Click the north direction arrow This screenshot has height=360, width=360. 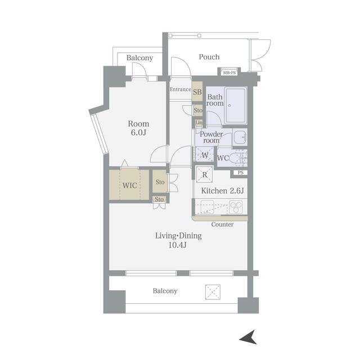tap(249, 337)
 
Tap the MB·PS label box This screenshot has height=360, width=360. tap(229, 73)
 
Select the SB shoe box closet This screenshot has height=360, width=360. tap(197, 92)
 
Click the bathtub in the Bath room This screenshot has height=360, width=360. tap(235, 105)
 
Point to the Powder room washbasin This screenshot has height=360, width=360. tap(240, 137)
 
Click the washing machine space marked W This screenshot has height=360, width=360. tap(205, 155)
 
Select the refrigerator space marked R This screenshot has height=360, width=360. tap(204, 175)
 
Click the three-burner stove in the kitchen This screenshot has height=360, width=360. tap(236, 207)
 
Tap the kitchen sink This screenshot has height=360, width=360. tap(207, 207)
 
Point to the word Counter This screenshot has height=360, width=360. tap(222, 224)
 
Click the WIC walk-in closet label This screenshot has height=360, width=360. tap(130, 185)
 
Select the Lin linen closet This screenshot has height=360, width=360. tap(199, 123)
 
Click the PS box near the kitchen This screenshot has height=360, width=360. tap(240, 173)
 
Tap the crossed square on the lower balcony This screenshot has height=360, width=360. tap(213, 292)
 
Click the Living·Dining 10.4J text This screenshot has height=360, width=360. tap(178, 240)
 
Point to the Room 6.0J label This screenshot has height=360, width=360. tap(138, 128)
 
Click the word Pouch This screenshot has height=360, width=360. tap(209, 57)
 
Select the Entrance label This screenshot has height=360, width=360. tap(181, 89)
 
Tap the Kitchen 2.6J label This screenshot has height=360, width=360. tap(222, 191)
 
